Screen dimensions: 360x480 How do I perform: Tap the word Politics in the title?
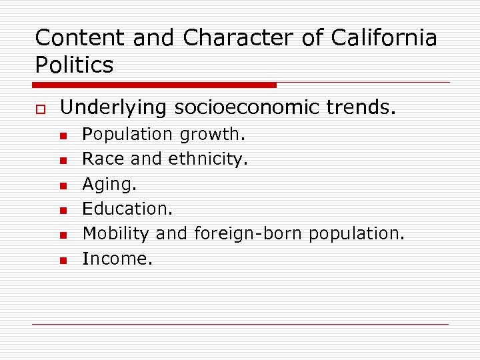74,65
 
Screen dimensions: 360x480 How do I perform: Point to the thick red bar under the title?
155,85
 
